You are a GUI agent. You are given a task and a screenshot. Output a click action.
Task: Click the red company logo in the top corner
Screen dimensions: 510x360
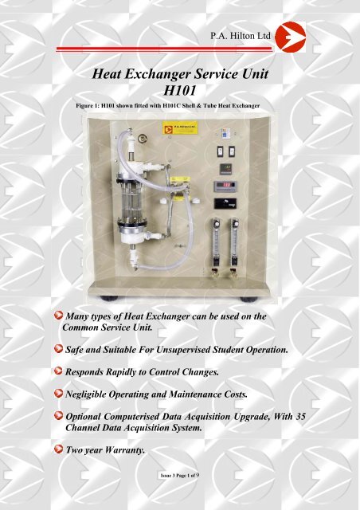[328, 36]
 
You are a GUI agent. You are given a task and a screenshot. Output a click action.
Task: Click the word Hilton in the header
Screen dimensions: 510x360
[256, 36]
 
